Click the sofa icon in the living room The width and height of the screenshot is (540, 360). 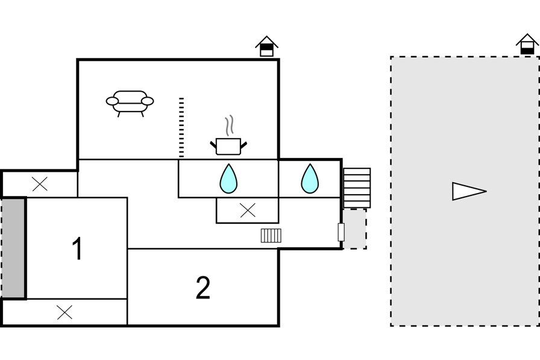[x=130, y=103]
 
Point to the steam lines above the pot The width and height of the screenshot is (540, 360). [x=230, y=126]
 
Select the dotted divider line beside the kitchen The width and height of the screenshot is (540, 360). [x=181, y=128]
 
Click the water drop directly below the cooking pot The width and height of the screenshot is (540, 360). [x=228, y=179]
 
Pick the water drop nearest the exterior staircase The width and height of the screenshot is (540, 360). [x=310, y=179]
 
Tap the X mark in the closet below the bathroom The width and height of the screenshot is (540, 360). [x=248, y=210]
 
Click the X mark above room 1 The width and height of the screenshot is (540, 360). [x=40, y=184]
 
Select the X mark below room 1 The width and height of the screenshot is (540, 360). [x=64, y=312]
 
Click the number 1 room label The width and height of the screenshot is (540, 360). [x=78, y=248]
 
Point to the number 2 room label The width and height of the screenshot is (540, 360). [x=203, y=288]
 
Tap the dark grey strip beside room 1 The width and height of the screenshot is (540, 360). [x=13, y=248]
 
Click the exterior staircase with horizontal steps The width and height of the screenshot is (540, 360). [x=357, y=188]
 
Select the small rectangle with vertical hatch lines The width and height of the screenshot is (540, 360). [x=271, y=236]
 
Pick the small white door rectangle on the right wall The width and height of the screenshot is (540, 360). [x=341, y=232]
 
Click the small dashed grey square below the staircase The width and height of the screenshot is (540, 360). [x=354, y=229]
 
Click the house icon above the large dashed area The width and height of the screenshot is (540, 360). [x=527, y=44]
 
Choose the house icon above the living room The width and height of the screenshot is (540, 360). [x=266, y=46]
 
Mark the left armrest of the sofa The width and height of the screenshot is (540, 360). [x=112, y=101]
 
